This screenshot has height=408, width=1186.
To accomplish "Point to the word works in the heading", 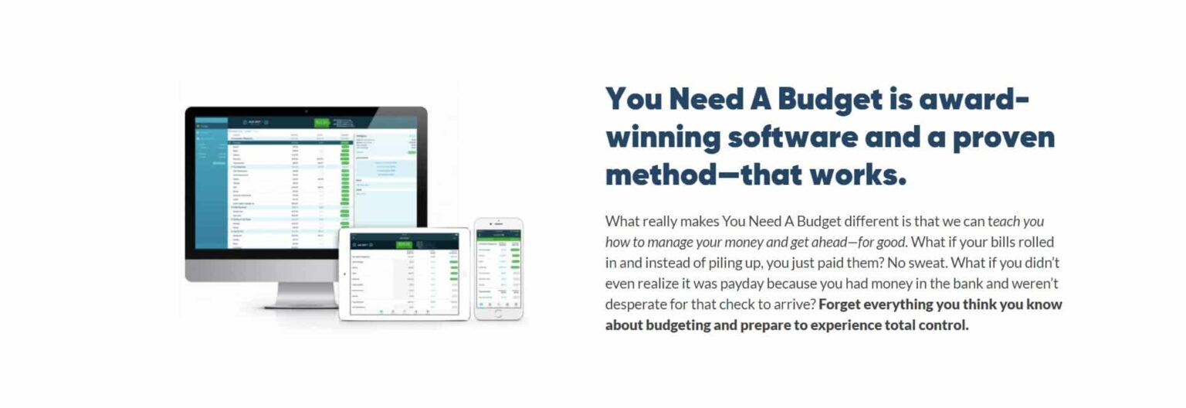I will pyautogui.click(x=856, y=175).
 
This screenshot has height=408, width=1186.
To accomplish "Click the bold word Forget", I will pyautogui.click(x=842, y=304).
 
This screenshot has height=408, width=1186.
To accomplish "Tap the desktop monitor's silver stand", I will pyautogui.click(x=306, y=294).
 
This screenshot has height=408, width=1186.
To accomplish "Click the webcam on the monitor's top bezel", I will pyautogui.click(x=306, y=111).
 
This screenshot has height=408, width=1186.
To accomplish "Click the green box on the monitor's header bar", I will pyautogui.click(x=321, y=122).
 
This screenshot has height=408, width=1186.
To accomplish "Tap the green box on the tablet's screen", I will pyautogui.click(x=404, y=244).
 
